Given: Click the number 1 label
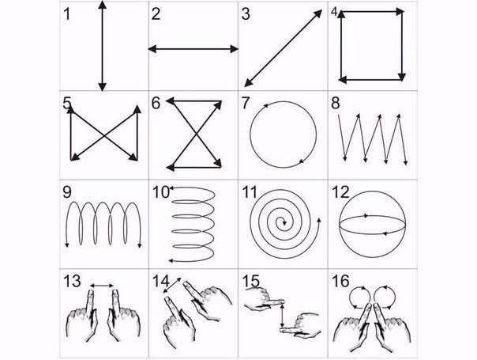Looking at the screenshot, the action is click(x=67, y=14).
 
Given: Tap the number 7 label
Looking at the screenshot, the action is click(x=245, y=103).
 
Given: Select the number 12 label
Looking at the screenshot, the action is click(x=340, y=192).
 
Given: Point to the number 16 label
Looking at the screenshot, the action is click(x=340, y=281).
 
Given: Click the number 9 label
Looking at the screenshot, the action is click(x=67, y=192).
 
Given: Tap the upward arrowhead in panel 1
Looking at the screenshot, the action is click(x=103, y=5).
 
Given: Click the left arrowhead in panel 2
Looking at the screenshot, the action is click(x=152, y=49).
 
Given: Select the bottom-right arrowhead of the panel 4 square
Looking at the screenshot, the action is click(x=402, y=77).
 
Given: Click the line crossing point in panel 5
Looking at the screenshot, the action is click(x=104, y=135).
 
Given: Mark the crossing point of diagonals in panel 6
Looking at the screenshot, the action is click(x=197, y=135).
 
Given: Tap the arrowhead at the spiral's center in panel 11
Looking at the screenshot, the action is click(x=284, y=223).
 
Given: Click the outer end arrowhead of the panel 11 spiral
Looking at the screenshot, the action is click(x=318, y=220).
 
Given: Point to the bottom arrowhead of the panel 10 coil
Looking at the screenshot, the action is click(x=171, y=261).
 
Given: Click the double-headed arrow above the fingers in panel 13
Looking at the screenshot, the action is click(x=102, y=286).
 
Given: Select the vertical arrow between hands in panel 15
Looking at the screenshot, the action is click(x=283, y=316).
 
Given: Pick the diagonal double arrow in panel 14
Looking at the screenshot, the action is click(x=172, y=285).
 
